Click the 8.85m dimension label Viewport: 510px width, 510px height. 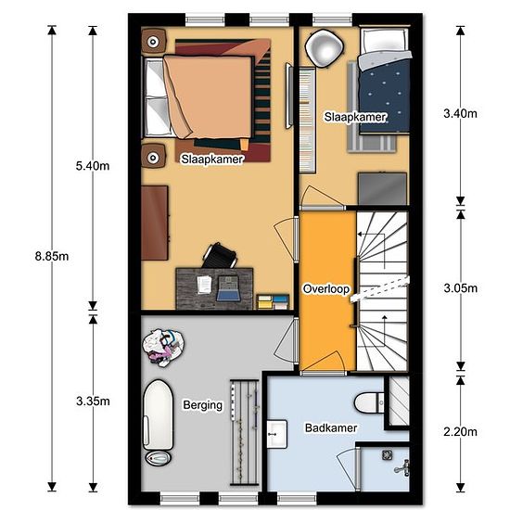(x=52, y=257)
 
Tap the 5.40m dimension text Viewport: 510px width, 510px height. (x=93, y=166)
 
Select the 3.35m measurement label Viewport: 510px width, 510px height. (x=93, y=402)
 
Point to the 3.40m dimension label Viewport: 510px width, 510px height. (x=460, y=113)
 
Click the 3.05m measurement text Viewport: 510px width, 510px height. (x=461, y=288)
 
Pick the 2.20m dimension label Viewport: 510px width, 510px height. (x=460, y=432)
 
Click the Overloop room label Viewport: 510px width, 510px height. (x=326, y=288)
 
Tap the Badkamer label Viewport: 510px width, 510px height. (x=331, y=428)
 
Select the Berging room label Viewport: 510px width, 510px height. (x=203, y=405)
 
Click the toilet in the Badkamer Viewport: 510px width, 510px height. (x=369, y=403)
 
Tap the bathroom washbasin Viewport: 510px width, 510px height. (x=277, y=434)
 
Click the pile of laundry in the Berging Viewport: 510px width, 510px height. (x=163, y=348)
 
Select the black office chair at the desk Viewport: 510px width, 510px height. (x=219, y=256)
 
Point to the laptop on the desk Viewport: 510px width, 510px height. (x=229, y=288)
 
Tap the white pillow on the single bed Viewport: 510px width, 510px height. (x=384, y=41)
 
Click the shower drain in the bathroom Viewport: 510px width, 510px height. (x=387, y=455)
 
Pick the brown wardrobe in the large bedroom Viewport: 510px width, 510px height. (x=155, y=223)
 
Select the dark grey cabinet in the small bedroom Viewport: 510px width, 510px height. (x=382, y=189)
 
